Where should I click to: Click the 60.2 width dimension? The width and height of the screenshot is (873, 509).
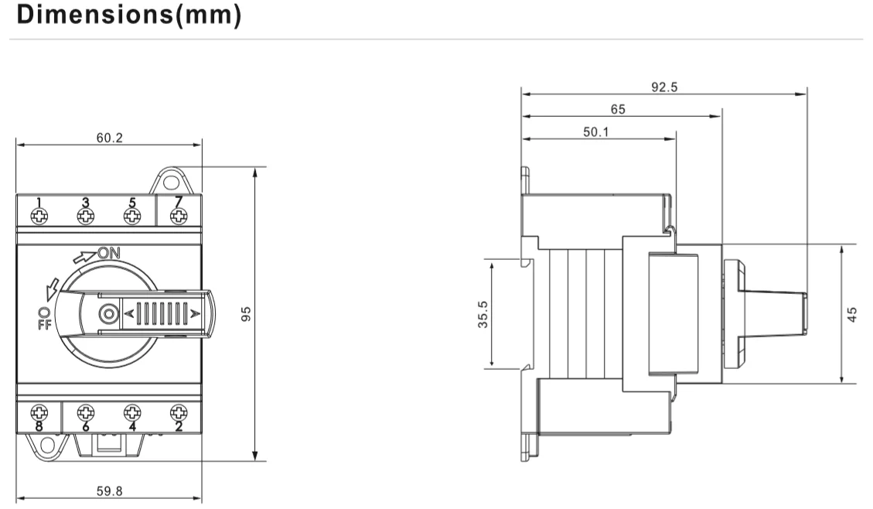click(x=109, y=138)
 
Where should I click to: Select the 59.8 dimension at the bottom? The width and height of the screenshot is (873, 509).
click(x=109, y=490)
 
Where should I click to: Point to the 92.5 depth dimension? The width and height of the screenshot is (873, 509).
click(x=663, y=87)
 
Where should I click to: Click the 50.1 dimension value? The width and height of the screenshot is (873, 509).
click(x=595, y=132)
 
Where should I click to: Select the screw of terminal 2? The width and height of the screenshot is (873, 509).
click(x=179, y=412)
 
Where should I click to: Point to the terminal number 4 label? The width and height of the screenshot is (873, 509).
click(x=132, y=425)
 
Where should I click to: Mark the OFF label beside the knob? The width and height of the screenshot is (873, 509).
click(x=43, y=317)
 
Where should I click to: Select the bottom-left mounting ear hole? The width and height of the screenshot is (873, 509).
click(x=48, y=443)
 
